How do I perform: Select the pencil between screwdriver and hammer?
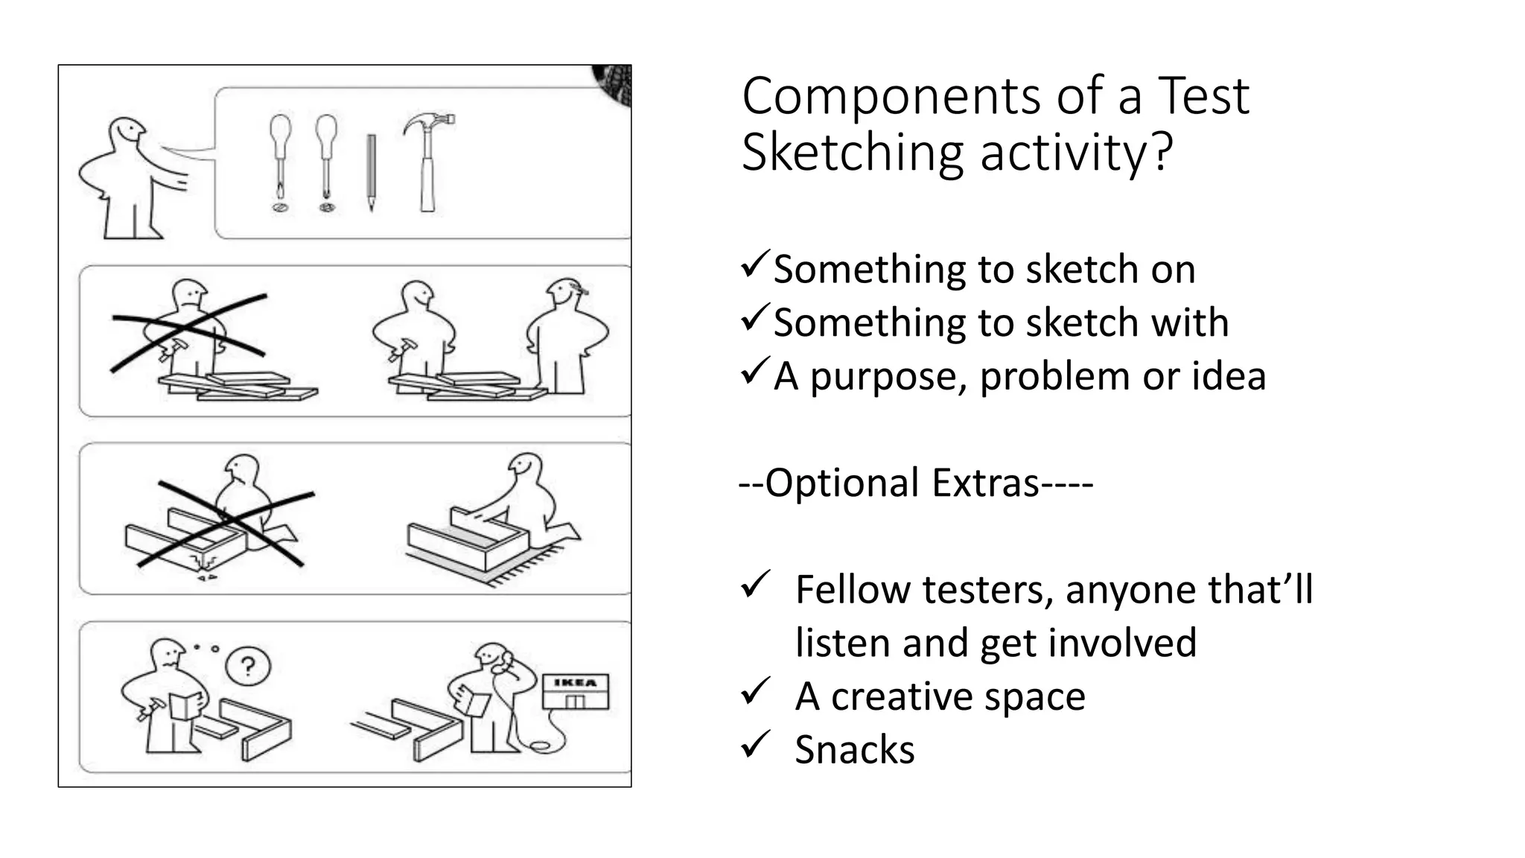(x=371, y=172)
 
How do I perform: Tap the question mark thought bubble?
(x=248, y=666)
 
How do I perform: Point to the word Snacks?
(x=854, y=749)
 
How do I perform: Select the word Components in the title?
(x=891, y=97)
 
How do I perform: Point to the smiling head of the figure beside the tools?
(x=127, y=136)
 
